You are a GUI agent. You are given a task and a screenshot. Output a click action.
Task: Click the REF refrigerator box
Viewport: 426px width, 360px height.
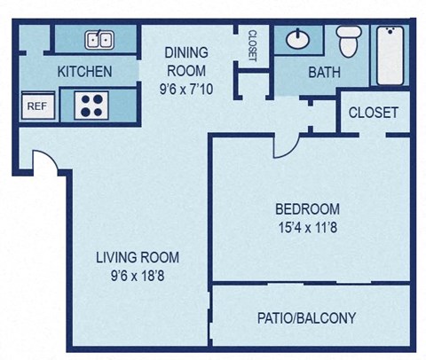[x=36, y=106]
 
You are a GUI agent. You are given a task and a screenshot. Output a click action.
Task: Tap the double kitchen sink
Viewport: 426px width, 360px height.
[x=99, y=39]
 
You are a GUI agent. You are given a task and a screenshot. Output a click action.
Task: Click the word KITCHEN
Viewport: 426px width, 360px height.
[x=84, y=72]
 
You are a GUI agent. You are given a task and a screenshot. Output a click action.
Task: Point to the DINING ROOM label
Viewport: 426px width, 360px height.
[x=185, y=62]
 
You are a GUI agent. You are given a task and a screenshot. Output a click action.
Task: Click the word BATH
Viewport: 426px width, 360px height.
[x=325, y=73]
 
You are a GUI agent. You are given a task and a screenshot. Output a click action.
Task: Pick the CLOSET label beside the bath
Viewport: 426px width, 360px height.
[x=373, y=113]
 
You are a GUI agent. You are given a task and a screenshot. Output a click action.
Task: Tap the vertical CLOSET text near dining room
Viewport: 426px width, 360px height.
[x=252, y=47]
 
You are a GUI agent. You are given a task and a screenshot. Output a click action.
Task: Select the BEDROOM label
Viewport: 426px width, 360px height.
[x=307, y=209]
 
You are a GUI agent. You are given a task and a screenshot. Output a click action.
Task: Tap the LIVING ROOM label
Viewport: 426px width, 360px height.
[x=138, y=258]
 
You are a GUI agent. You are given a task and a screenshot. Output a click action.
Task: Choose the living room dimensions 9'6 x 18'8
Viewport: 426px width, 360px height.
[x=138, y=276]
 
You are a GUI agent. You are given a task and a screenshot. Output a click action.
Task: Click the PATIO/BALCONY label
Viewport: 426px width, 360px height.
[x=306, y=317]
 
